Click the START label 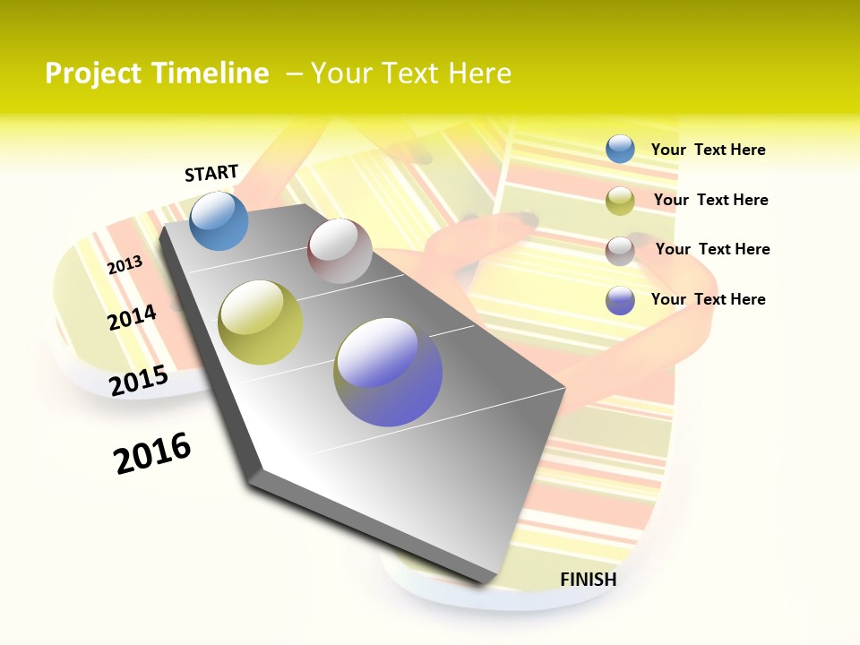coord(211,173)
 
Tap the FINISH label coord(589,580)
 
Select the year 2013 coord(125,265)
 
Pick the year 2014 coord(133,317)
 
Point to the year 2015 coord(139,381)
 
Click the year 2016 coord(153,453)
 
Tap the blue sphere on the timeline coord(219,221)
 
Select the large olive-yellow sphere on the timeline coord(261,322)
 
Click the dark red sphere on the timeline coord(340,251)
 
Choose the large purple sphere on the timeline coord(388,372)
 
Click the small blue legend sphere coord(620,150)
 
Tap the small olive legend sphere coord(620,201)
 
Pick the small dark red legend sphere coord(620,251)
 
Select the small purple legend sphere coord(620,300)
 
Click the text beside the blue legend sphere coord(708,150)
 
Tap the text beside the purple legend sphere coord(708,299)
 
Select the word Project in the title coord(92,73)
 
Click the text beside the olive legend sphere coord(710,200)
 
